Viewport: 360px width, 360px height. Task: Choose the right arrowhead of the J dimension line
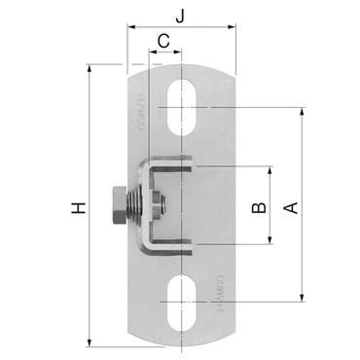click(x=234, y=30)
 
